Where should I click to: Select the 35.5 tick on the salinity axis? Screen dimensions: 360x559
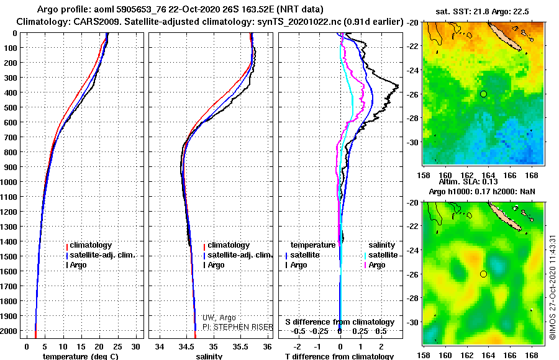point(240,346)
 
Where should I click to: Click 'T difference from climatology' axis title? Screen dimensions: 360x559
point(340,357)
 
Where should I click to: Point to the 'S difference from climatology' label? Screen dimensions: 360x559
point(340,322)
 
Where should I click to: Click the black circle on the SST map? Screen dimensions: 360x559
point(483,94)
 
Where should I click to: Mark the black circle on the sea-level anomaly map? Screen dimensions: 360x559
point(483,274)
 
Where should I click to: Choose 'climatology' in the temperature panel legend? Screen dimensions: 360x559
point(91,245)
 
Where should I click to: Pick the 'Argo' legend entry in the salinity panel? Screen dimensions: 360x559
point(216,265)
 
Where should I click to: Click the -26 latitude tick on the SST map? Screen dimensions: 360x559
point(414,94)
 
